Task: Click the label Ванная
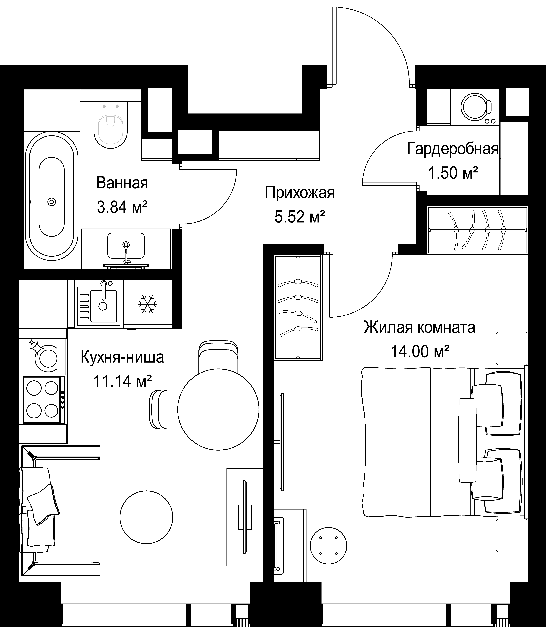tap(122, 183)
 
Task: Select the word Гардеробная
tap(453, 149)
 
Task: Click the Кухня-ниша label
tap(122, 357)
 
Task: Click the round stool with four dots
tap(328, 545)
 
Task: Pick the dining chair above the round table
tap(218, 356)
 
